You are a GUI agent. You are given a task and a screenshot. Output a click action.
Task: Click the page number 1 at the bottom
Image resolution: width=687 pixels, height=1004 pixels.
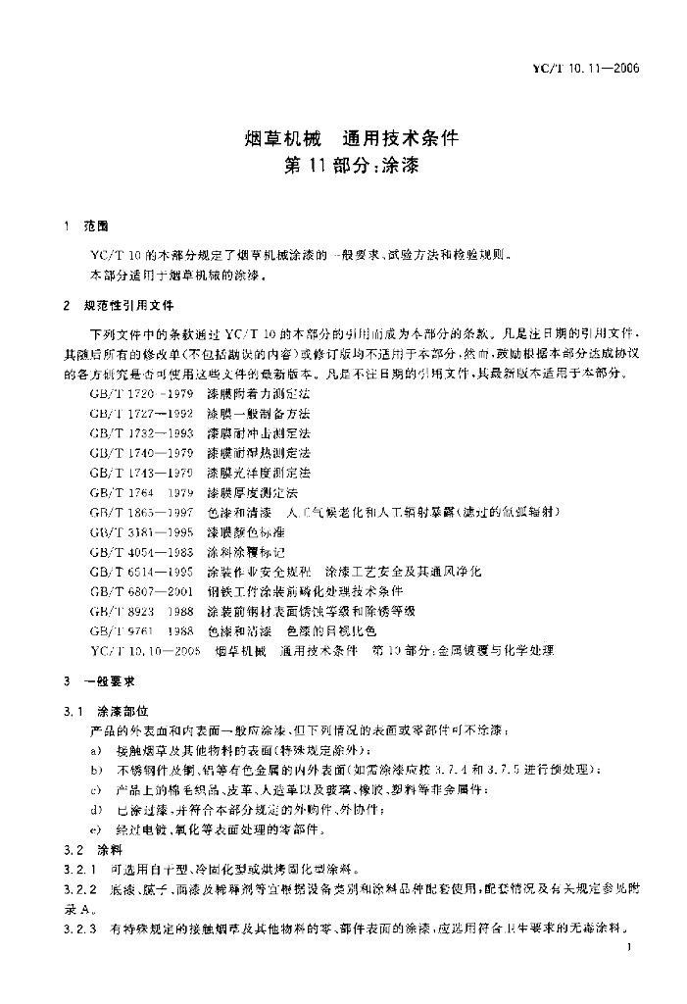tap(627, 948)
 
